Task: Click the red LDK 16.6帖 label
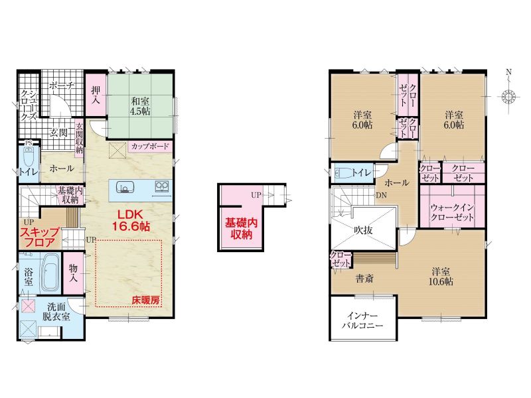coord(131,221)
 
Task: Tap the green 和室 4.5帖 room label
coord(140,106)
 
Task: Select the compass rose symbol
coord(508,96)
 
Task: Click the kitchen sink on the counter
coord(125,186)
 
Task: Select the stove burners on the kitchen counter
coord(161,186)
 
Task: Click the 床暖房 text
coord(145,300)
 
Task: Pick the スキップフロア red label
coord(40,237)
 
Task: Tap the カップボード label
coord(150,147)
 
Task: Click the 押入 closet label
coord(96,95)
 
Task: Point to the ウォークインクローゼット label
coord(452,212)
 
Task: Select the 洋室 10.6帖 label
coord(441,277)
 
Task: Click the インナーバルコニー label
coord(362,320)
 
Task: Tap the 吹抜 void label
coord(363,230)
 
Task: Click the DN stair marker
coord(381,195)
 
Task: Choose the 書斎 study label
coord(364,279)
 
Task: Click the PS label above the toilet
coord(28,143)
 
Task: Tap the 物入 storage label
coord(74,273)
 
